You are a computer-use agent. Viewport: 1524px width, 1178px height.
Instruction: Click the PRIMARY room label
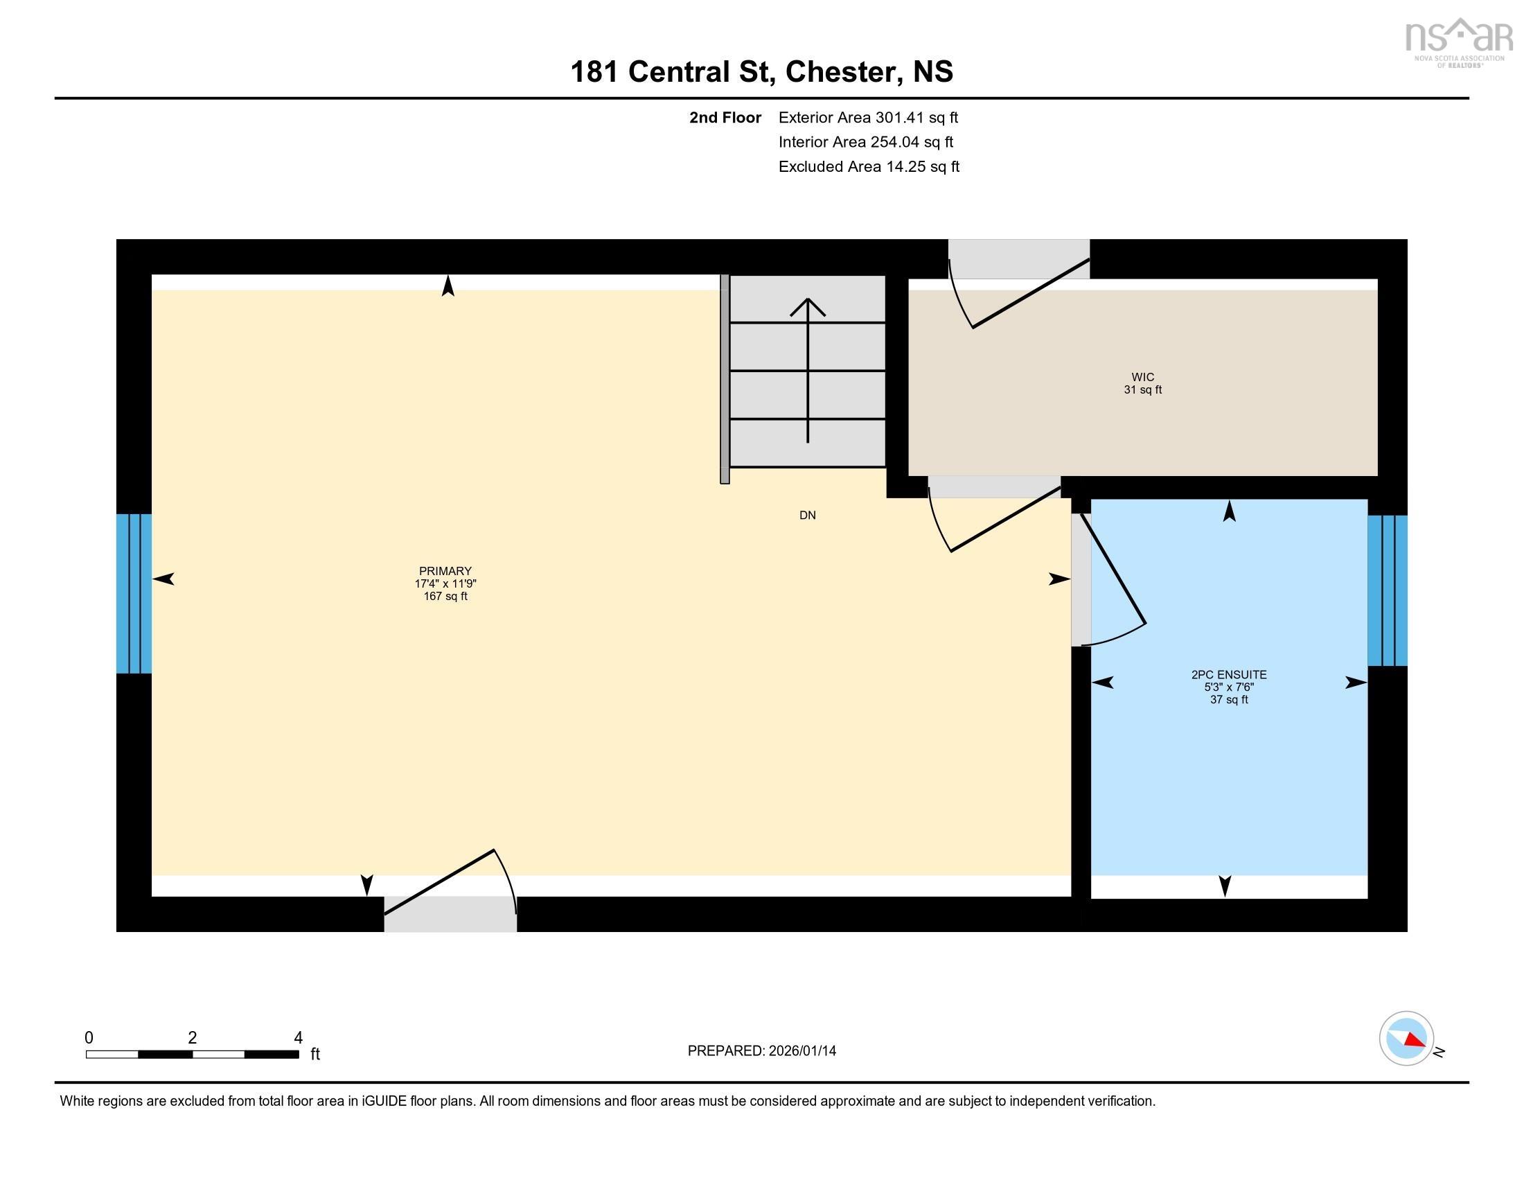coord(445,571)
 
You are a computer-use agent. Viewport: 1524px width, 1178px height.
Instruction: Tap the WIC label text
coord(1142,378)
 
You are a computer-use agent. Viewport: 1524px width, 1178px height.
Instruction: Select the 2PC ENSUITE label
coord(1228,675)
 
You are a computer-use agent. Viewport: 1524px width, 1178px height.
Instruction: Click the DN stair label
coord(807,516)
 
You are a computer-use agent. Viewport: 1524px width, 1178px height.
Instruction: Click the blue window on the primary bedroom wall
coord(133,593)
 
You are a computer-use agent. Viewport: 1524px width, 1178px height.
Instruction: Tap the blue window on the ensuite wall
coord(1387,590)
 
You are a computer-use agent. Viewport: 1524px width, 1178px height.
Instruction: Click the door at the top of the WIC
coord(1019,286)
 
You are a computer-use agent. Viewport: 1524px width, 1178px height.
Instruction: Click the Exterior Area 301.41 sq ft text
coord(868,118)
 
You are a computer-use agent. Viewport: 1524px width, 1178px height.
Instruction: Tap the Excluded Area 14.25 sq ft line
coord(869,167)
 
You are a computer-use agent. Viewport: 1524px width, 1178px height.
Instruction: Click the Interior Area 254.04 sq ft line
coord(865,142)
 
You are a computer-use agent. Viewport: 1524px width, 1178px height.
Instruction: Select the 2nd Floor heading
coord(725,118)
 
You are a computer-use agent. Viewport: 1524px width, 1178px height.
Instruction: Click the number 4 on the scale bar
coord(298,1038)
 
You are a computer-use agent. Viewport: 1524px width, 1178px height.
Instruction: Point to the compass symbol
coord(1406,1039)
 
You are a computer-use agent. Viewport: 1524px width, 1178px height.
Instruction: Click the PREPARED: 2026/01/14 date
coord(761,1051)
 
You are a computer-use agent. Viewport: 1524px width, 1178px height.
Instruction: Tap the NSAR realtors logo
coord(1458,42)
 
